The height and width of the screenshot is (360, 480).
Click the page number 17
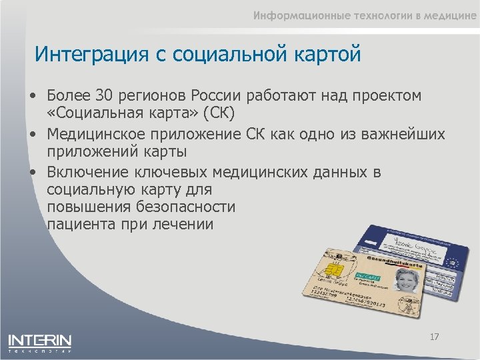434,337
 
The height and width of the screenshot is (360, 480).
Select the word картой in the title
324,53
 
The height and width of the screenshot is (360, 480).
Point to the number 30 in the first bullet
105,96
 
